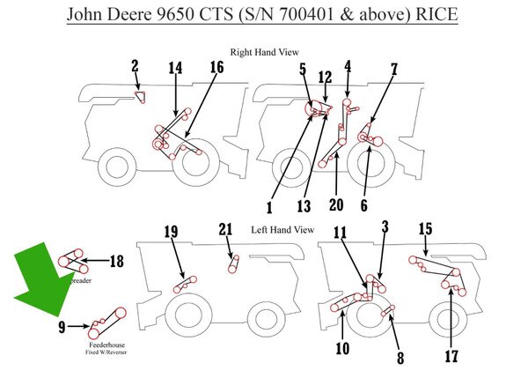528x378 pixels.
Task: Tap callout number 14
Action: (x=176, y=68)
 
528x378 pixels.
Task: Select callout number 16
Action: (x=216, y=68)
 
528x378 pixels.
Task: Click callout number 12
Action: (x=325, y=77)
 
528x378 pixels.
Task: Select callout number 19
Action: (x=171, y=233)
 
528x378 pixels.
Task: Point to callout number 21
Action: (x=226, y=230)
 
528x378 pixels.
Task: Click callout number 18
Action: (x=115, y=261)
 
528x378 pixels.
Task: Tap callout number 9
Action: (x=62, y=326)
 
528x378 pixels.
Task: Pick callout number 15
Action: (x=425, y=229)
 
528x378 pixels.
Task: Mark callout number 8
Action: (x=401, y=359)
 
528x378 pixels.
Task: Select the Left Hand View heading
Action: (x=282, y=229)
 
